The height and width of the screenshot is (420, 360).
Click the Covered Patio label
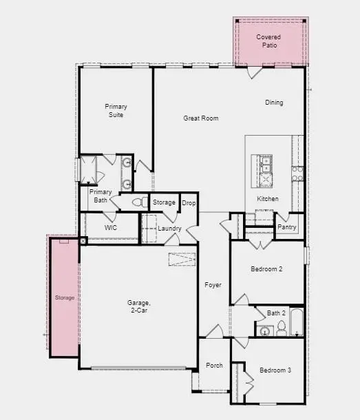[x=268, y=41]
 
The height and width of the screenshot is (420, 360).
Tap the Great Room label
[x=200, y=118]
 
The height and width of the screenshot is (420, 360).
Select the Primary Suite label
[x=116, y=111]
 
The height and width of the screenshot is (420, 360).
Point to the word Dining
[x=274, y=103]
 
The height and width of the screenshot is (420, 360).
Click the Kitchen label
[x=268, y=199]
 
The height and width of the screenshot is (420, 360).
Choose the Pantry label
[x=286, y=227]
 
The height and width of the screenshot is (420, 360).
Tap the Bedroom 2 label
[x=266, y=269]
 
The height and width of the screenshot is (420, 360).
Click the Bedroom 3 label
[x=275, y=370]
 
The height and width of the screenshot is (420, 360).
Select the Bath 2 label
[x=276, y=313]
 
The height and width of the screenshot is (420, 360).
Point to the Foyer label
[x=213, y=284]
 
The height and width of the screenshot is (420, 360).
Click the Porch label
[x=214, y=365]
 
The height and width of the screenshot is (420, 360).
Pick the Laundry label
[x=169, y=229]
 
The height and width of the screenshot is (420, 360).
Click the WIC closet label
[x=110, y=227]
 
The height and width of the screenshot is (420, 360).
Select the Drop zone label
[x=189, y=203]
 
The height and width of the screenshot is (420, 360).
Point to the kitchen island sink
[x=266, y=165]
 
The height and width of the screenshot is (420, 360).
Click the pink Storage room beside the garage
[x=64, y=297]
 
